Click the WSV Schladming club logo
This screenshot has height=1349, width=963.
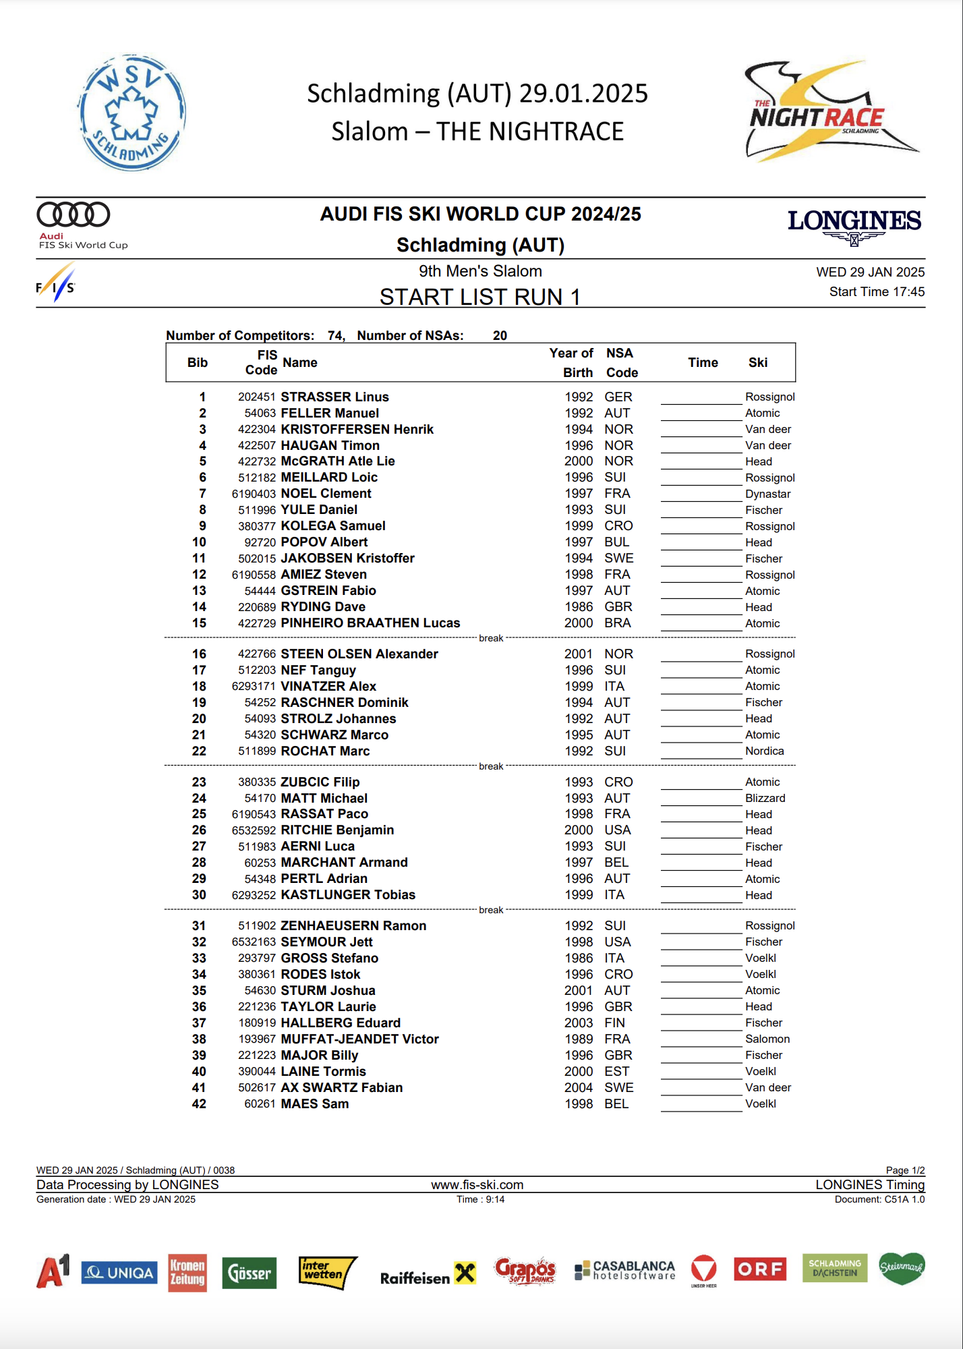click(132, 113)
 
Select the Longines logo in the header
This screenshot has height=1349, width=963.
click(854, 225)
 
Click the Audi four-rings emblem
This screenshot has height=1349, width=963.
click(74, 214)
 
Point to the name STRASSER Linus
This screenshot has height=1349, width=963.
click(334, 397)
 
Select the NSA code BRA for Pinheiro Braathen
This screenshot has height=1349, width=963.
click(618, 623)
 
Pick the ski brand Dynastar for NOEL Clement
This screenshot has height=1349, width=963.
click(767, 494)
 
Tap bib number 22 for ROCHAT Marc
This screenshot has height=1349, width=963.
click(199, 751)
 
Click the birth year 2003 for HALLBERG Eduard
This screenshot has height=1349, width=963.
click(579, 1023)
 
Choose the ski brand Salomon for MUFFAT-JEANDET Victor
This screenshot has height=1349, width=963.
click(767, 1039)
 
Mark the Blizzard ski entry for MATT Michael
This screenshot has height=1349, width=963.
click(765, 798)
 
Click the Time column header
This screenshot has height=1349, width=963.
click(703, 362)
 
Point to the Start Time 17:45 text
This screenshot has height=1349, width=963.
click(877, 291)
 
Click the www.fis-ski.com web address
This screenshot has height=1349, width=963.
click(477, 1184)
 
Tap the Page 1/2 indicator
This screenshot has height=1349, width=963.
click(905, 1170)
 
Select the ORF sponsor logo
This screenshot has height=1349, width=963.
click(760, 1269)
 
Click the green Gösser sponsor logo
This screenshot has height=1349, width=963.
click(250, 1273)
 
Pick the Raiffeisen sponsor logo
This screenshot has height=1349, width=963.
click(428, 1275)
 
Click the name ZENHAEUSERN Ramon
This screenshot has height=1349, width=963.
click(353, 925)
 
